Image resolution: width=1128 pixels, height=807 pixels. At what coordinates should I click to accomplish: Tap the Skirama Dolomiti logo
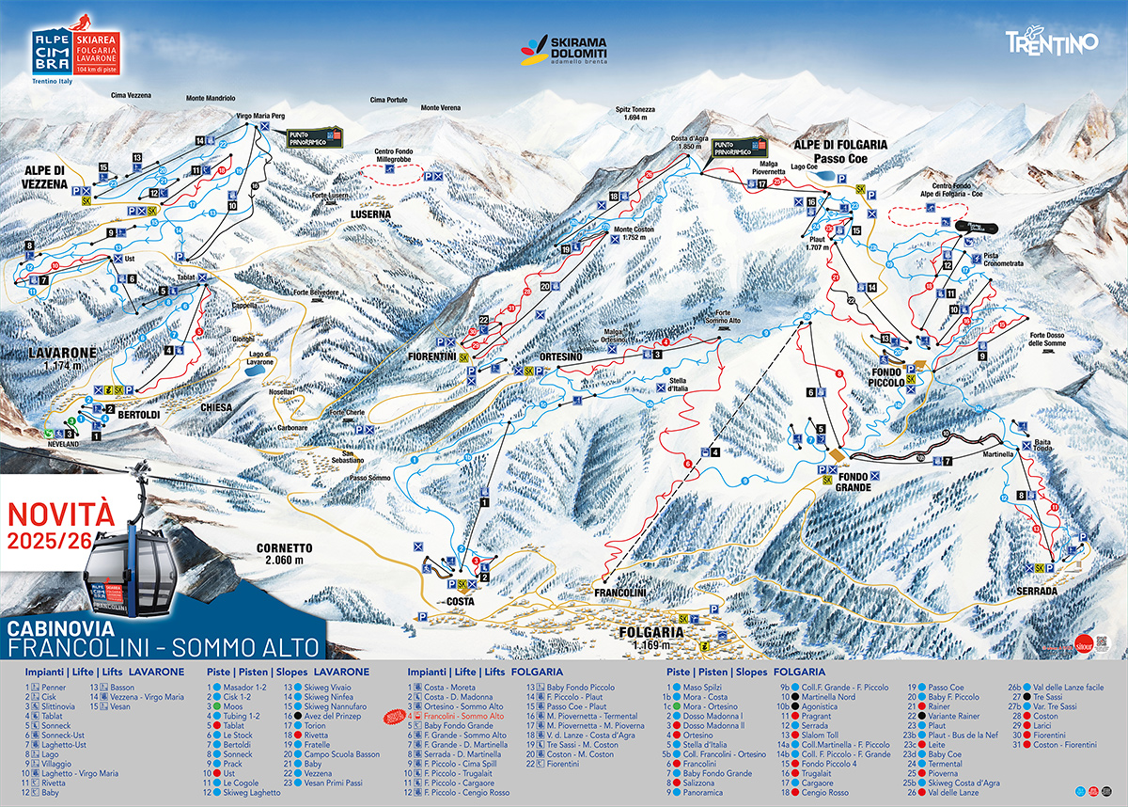tap(564, 52)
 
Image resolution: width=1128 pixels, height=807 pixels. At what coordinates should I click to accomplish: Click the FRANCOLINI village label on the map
tap(619, 593)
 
